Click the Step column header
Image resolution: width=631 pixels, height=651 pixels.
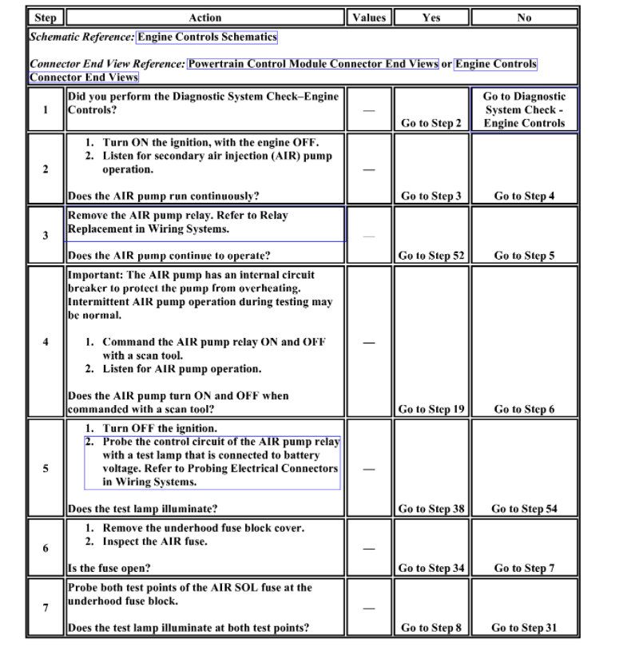click(x=45, y=17)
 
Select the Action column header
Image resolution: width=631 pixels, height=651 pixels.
click(x=205, y=17)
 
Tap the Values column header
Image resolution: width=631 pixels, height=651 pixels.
click(x=368, y=17)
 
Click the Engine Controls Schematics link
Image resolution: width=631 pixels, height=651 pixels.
click(x=207, y=37)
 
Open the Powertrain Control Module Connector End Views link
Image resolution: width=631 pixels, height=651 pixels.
click(x=312, y=64)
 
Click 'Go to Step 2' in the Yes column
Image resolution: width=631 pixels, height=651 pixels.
click(x=431, y=123)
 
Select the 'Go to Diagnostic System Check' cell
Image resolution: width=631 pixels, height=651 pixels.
click(x=524, y=109)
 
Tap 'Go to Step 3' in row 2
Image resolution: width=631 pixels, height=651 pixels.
click(x=431, y=196)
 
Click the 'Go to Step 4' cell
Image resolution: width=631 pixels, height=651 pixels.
click(x=524, y=196)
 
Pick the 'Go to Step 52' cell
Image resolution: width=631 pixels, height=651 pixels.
click(x=431, y=256)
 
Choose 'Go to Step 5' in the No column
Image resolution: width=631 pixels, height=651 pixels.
click(x=524, y=256)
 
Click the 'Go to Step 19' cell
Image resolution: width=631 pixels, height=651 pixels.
click(x=431, y=409)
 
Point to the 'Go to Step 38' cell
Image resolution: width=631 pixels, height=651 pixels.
click(x=431, y=508)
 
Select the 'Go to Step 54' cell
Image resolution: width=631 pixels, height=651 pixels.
click(x=524, y=508)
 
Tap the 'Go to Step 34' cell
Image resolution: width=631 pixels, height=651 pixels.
click(x=431, y=568)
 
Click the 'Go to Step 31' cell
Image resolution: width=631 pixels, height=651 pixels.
click(x=524, y=628)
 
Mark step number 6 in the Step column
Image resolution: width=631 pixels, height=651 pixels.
click(x=45, y=548)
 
